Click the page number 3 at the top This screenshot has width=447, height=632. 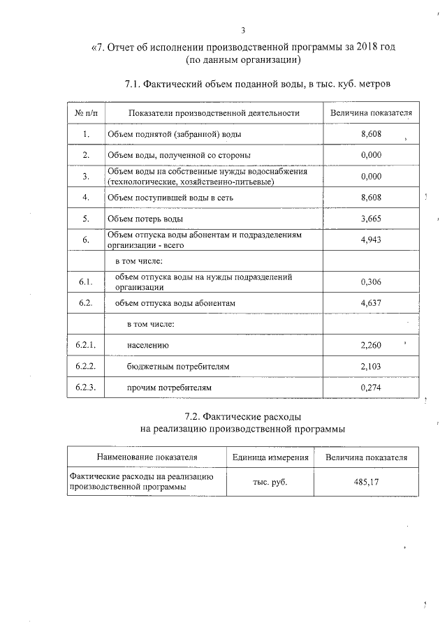pos(242,30)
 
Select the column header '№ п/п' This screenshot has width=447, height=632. pos(85,112)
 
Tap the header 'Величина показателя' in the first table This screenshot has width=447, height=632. pos(371,112)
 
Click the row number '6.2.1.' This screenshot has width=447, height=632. pos(85,345)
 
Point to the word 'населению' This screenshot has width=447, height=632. pos(148,345)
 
